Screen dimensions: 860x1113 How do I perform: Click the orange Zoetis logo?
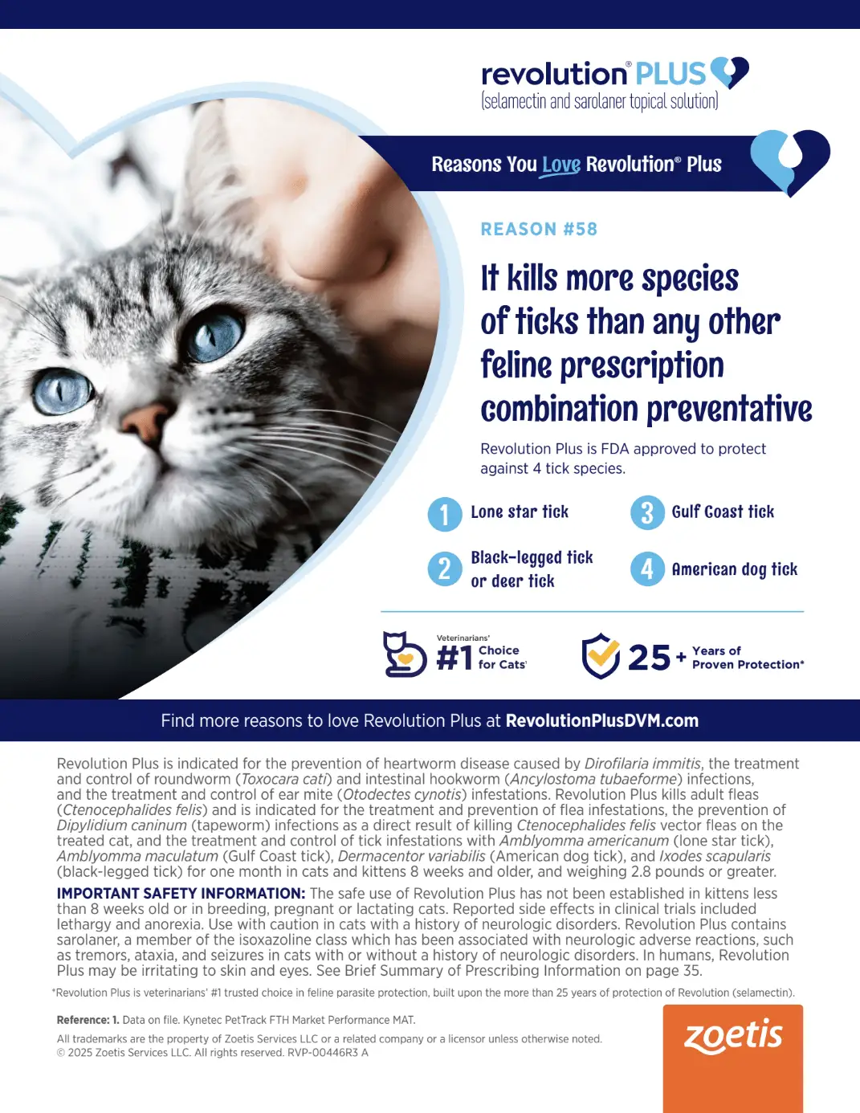[733, 1058]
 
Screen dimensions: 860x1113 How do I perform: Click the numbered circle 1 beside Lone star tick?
[445, 514]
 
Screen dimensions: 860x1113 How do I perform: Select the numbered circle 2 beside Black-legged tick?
[445, 569]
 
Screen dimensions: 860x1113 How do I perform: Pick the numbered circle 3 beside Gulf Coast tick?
[647, 512]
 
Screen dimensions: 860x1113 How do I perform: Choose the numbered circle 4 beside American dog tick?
[647, 569]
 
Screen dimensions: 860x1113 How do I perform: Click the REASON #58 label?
[539, 229]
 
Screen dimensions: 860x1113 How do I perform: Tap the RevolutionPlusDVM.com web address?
[602, 720]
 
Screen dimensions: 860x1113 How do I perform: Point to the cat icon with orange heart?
[405, 654]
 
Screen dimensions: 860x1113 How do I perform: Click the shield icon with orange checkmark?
[601, 655]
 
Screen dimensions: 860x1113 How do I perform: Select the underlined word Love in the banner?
[560, 165]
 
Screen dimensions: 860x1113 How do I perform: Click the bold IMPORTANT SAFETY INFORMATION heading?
[181, 893]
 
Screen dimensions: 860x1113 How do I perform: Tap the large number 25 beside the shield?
[649, 657]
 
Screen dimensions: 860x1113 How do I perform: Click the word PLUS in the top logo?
[671, 73]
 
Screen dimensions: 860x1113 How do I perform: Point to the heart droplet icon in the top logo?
[729, 72]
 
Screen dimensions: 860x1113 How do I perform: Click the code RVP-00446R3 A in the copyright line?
[328, 1053]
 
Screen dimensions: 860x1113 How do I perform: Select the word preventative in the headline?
[729, 410]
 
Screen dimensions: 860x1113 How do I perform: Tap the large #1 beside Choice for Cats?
[454, 658]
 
